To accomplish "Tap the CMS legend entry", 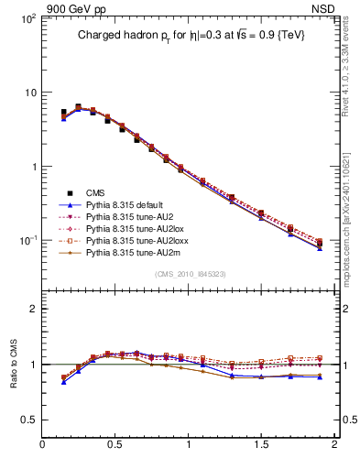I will click(97, 191).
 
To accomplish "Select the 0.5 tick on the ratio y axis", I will click(27, 420).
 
